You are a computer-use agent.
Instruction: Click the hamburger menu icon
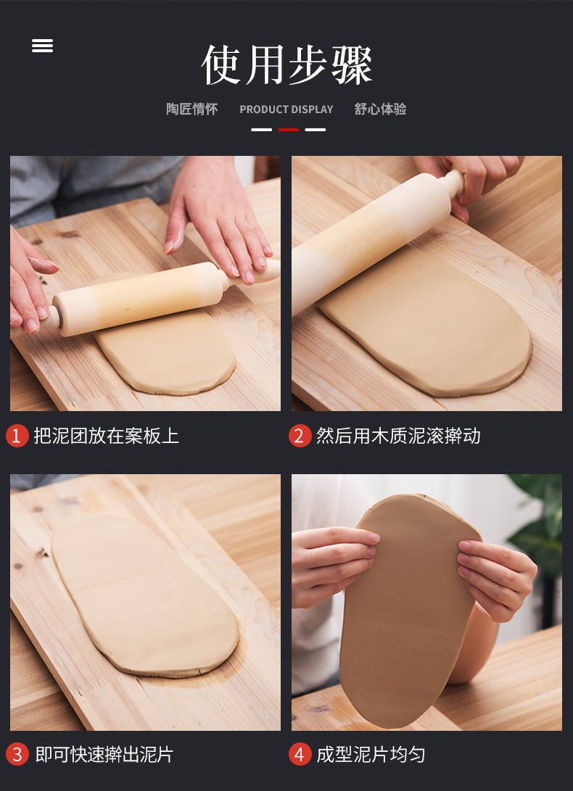(x=42, y=46)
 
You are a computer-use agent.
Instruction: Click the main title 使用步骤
(x=286, y=65)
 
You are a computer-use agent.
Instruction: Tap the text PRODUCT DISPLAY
(x=286, y=109)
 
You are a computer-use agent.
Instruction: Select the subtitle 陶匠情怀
(x=191, y=109)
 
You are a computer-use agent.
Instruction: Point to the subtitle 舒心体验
(x=380, y=109)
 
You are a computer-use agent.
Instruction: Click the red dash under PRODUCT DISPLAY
(x=289, y=130)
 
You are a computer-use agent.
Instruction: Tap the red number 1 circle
(x=17, y=436)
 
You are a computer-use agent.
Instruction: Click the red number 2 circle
(x=300, y=436)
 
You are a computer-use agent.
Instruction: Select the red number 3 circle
(x=17, y=755)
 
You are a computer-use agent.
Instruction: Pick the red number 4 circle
(x=300, y=755)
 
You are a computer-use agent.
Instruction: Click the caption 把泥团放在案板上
(x=106, y=436)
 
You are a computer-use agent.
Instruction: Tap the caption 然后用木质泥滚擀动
(x=398, y=436)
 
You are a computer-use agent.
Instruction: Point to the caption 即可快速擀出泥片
(x=104, y=755)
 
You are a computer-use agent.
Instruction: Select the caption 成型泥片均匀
(x=371, y=755)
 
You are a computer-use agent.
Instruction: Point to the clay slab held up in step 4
(x=410, y=611)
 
